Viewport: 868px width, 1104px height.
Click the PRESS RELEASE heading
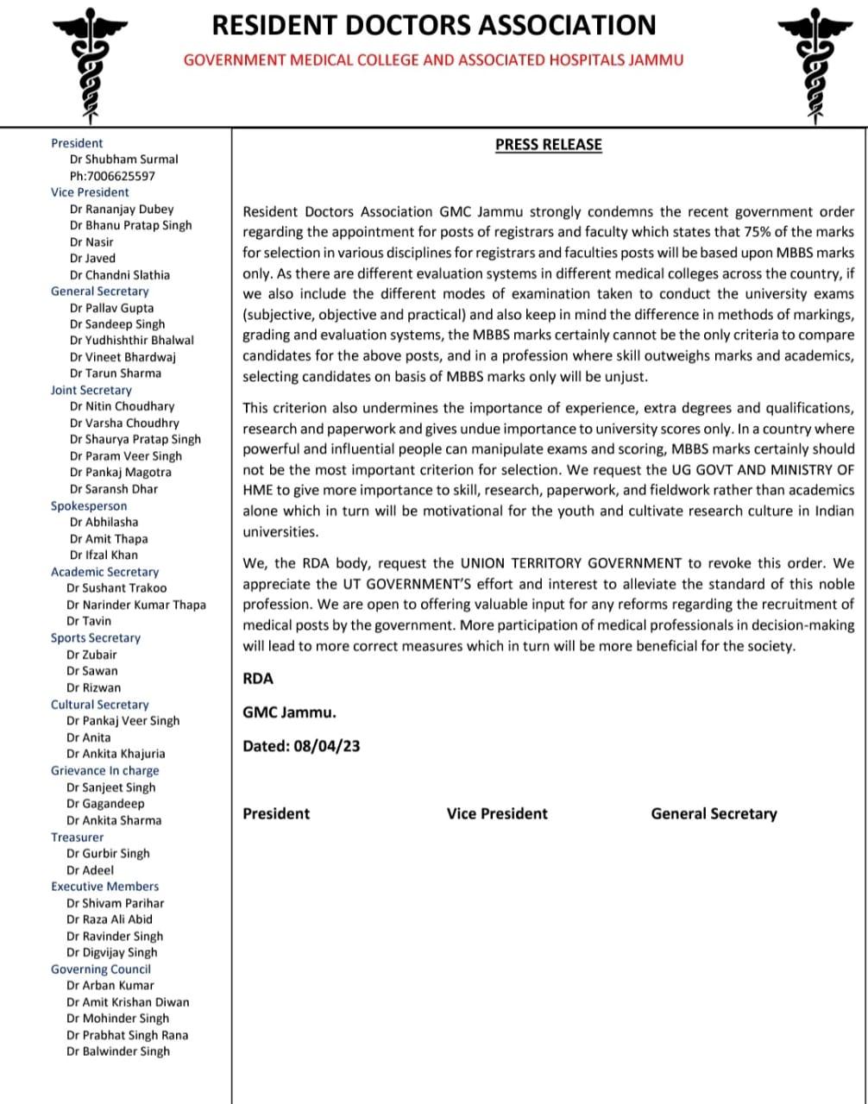pos(548,145)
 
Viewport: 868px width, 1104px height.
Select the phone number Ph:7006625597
pos(112,176)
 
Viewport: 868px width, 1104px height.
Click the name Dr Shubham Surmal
pos(124,160)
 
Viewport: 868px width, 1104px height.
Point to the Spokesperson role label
pos(89,506)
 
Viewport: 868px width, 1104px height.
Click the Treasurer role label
pos(77,837)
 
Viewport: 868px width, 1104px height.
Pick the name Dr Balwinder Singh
pos(118,1051)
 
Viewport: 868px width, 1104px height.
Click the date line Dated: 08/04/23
pos(301,746)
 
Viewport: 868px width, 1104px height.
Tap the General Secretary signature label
pos(714,813)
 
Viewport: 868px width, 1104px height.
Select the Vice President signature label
pos(497,813)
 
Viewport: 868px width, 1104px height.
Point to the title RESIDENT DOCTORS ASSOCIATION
pos(434,25)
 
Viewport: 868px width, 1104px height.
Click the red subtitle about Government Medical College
pos(433,60)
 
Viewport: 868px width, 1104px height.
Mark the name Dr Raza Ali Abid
pos(110,919)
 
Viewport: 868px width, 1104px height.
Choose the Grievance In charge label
pos(104,771)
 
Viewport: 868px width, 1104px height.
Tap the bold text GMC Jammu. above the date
pos(289,712)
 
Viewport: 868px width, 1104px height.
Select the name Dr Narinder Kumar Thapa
pos(136,605)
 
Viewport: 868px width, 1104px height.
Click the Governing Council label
pos(100,969)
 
